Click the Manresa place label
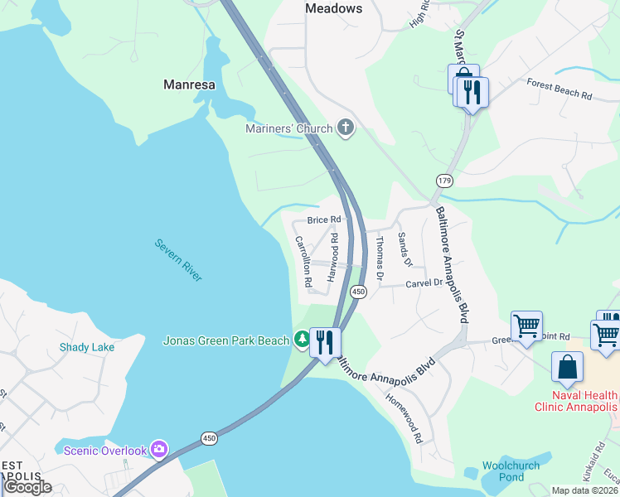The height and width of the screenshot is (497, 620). click(190, 84)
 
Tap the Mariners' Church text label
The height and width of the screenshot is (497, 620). click(288, 128)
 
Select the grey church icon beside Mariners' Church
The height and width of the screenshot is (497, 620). click(346, 128)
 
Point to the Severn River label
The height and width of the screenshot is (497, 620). click(178, 261)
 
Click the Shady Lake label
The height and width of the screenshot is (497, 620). click(87, 347)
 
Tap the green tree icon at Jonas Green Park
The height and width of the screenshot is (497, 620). click(302, 340)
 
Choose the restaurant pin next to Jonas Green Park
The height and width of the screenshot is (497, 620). click(325, 342)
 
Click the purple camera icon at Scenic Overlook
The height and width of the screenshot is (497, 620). click(159, 451)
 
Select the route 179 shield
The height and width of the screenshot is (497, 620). click(444, 181)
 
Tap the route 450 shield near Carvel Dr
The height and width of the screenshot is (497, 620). click(358, 292)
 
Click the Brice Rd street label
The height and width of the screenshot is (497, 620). click(324, 220)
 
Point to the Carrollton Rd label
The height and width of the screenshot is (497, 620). click(303, 262)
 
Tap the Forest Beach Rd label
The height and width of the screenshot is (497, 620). click(559, 89)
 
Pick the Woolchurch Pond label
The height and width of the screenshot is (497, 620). click(511, 471)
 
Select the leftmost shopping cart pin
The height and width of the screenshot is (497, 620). click(527, 327)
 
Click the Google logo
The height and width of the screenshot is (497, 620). click(27, 487)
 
